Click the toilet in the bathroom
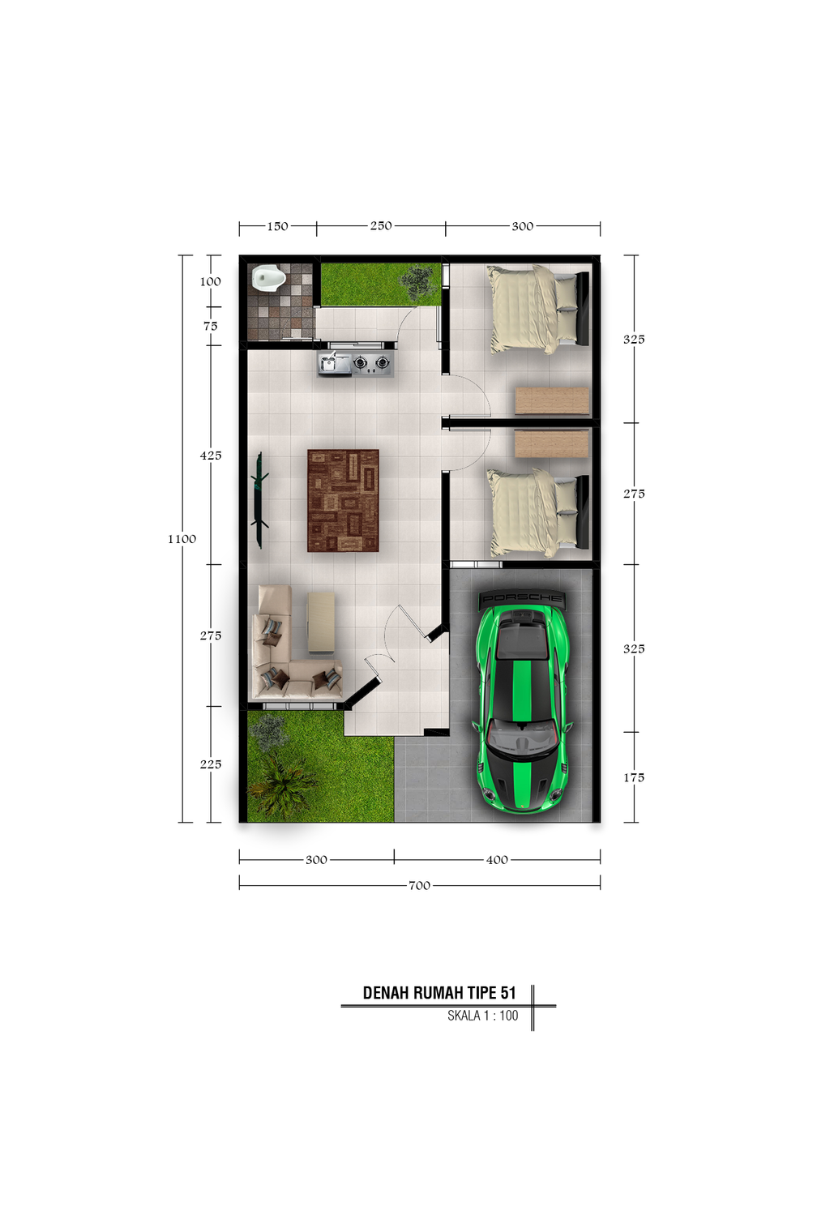point(267,277)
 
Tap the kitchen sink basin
point(327,362)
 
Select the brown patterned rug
point(343,500)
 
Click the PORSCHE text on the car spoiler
point(521,598)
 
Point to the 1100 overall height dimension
point(182,539)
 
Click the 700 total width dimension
point(419,885)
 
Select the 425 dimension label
point(211,455)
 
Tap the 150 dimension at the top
point(277,226)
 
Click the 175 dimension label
point(634,777)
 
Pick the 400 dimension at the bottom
point(497,859)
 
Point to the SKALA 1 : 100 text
point(482,1016)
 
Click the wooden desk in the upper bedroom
point(552,400)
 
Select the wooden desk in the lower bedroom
point(552,443)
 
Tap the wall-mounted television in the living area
point(259,500)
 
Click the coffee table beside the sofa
point(321,623)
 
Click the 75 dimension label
point(211,326)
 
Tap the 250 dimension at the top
point(381,226)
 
